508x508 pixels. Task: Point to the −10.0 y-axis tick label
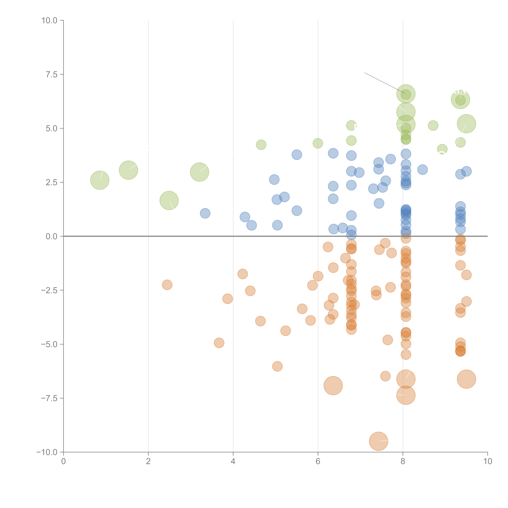coord(47,452)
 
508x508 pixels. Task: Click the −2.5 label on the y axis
coord(49,290)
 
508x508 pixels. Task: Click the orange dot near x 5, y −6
coord(277,366)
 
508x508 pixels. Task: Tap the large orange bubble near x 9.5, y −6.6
coord(466,379)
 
